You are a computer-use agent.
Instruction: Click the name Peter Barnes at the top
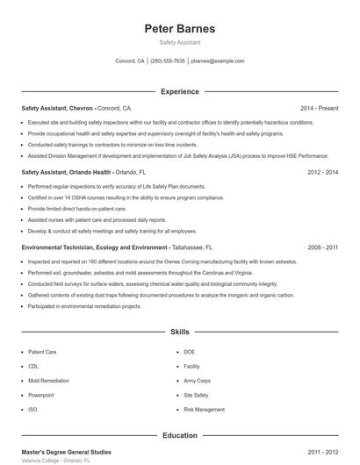point(179,28)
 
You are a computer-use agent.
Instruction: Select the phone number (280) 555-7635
point(168,61)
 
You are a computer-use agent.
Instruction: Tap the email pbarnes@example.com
point(217,61)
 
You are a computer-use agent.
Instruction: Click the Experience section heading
point(179,91)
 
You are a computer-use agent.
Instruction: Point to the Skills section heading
point(179,333)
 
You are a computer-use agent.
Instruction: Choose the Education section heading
point(179,434)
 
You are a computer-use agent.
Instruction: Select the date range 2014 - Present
point(319,108)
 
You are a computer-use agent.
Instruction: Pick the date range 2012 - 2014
point(323,173)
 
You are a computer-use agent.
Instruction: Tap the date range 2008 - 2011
point(323,248)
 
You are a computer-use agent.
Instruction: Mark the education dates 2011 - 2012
point(323,451)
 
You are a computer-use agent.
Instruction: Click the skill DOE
point(190,352)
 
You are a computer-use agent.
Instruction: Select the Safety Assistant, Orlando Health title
point(66,173)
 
